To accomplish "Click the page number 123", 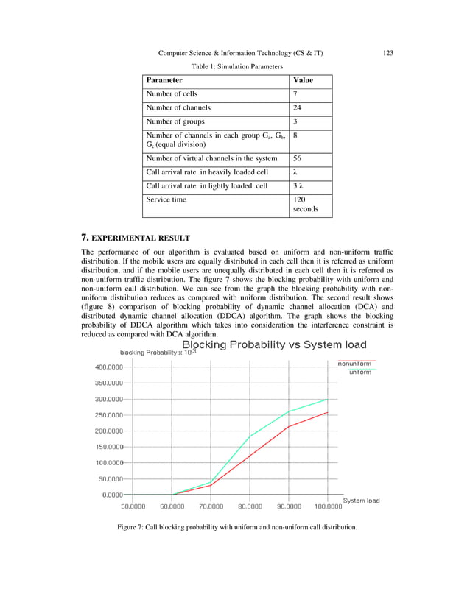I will point(389,53).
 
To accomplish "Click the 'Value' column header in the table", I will point(303,79).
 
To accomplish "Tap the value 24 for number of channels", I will point(298,107).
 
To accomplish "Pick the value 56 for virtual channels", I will point(298,158).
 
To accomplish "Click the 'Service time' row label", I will point(166,199).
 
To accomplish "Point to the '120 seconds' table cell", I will point(305,204).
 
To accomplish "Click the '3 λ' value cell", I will point(300,185).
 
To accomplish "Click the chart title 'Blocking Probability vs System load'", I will point(269,344).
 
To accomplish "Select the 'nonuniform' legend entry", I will point(354,364).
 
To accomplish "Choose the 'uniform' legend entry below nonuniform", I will point(359,372).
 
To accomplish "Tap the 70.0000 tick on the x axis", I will point(211,506).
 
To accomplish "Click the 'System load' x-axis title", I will point(361,501).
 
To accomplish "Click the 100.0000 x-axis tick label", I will point(328,506).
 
